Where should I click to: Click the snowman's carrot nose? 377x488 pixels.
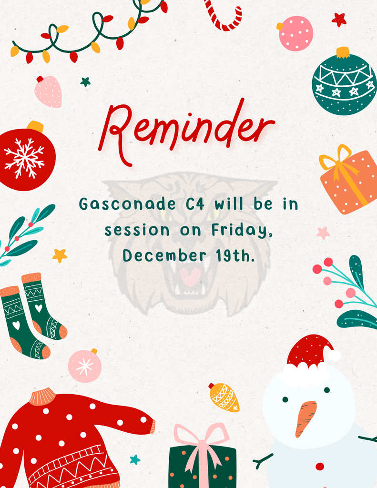coord(305,417)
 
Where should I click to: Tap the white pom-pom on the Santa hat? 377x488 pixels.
coord(335,355)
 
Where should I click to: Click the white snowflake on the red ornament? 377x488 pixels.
coord(24,158)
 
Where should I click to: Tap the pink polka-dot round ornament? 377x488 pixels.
coord(296,33)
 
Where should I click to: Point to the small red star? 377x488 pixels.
coord(339,20)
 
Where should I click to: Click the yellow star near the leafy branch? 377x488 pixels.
coord(60,255)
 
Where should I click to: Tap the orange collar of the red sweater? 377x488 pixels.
coord(42,396)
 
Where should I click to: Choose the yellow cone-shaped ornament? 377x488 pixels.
coord(224,397)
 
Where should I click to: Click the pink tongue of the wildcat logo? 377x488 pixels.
coord(191,276)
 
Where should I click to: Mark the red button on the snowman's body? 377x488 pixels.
coord(319,466)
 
